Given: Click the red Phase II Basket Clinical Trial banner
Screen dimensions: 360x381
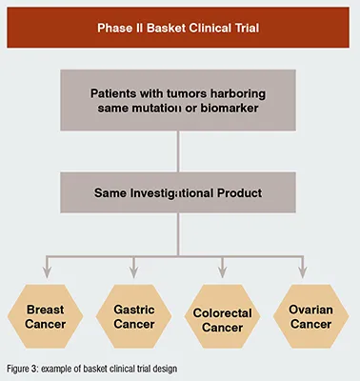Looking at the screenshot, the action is [x=178, y=28].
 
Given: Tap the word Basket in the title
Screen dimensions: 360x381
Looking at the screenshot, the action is [x=166, y=28].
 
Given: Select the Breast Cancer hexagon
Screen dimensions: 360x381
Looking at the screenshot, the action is [x=46, y=316].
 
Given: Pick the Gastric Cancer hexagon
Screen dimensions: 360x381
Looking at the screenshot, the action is [x=134, y=316].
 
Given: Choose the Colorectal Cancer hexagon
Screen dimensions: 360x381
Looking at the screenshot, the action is [x=222, y=316].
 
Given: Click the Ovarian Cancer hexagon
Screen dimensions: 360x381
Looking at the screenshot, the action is [x=311, y=316].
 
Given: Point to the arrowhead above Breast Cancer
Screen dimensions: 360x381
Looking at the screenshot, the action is [x=47, y=272].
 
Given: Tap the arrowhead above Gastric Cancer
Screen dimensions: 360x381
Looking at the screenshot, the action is [x=133, y=272].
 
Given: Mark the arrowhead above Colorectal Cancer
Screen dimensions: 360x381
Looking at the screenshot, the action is [x=222, y=272].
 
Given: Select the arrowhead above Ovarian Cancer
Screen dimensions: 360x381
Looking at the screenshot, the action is [x=303, y=272].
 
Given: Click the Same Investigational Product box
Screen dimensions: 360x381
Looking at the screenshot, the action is [x=178, y=192].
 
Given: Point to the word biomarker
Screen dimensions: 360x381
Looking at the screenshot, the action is [x=230, y=108].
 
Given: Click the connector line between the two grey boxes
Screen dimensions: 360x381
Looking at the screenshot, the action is [x=178, y=151].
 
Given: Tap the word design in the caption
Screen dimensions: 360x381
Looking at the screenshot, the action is [x=165, y=370].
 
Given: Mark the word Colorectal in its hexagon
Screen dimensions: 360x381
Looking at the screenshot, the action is [x=222, y=313].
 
